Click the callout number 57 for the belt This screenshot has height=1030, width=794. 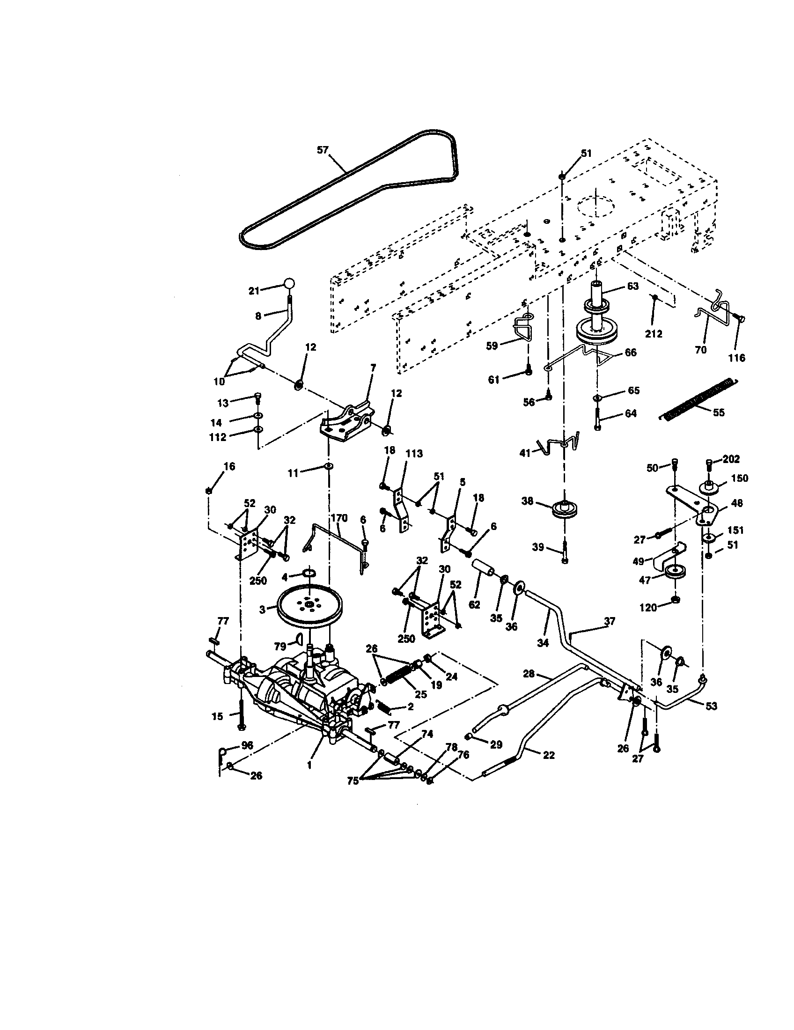click(x=322, y=150)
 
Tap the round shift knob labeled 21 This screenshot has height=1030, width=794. click(x=289, y=283)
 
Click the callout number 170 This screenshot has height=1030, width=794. click(x=338, y=518)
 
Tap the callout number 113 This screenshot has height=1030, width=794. click(x=414, y=454)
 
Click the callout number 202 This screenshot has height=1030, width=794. click(x=731, y=459)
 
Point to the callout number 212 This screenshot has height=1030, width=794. click(x=654, y=334)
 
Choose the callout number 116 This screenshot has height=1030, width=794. click(x=736, y=358)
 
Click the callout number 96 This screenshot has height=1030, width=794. click(x=247, y=745)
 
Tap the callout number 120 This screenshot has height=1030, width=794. click(x=648, y=608)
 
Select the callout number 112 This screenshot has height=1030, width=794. click(x=218, y=437)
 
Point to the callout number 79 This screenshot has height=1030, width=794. click(x=280, y=647)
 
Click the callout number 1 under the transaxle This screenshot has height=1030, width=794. click(x=309, y=766)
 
